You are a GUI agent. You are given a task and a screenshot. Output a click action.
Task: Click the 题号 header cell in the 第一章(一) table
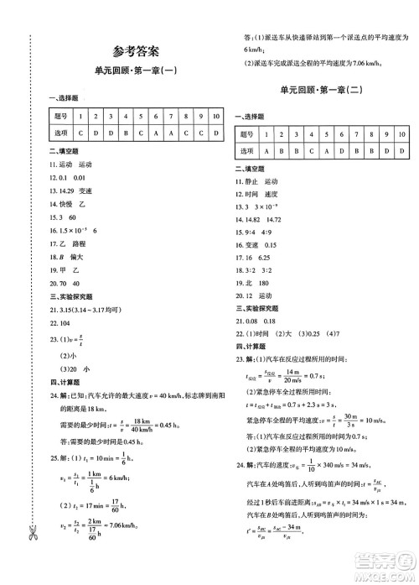(59, 115)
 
